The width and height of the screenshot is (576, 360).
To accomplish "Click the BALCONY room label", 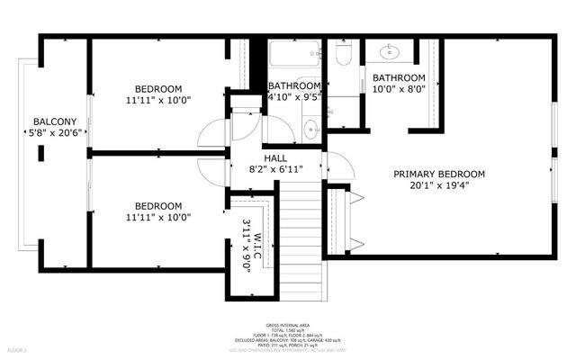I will tap(55, 121).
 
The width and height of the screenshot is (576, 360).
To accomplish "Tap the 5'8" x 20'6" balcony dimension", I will tap(55, 134).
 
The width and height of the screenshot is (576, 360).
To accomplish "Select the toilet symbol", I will tap(343, 58).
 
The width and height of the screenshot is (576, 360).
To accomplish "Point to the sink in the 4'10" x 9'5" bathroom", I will tap(310, 127).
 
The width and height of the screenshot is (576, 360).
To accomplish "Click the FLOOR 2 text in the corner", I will tap(18, 349).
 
